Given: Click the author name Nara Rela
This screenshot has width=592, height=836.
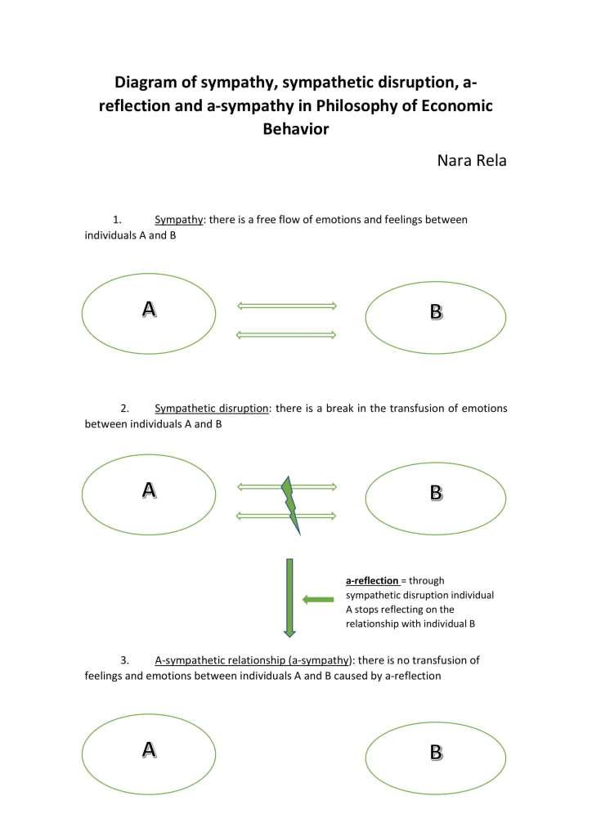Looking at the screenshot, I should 473,160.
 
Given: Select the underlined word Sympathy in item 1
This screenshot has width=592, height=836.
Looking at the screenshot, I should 178,220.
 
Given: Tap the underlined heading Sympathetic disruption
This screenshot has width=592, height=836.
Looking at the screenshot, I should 212,408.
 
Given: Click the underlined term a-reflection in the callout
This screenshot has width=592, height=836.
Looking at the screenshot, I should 372,580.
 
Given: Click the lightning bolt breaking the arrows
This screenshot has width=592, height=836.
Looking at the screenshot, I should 290,503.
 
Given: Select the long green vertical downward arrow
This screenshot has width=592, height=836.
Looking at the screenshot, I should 289,597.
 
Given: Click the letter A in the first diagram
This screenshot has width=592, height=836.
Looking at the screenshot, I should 149,309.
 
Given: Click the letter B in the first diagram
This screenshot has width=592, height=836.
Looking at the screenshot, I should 436,311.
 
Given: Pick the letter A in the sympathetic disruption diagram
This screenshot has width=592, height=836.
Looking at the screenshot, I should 149,490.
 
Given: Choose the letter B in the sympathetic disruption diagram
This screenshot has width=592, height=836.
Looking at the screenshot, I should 436,493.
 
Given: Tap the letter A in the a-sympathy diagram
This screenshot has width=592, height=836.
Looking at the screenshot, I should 149,749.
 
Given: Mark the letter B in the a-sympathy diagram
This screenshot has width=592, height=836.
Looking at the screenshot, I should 436,753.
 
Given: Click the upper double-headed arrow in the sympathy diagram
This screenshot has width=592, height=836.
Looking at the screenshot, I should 286,306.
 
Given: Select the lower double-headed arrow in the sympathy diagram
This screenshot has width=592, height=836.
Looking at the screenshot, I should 286,334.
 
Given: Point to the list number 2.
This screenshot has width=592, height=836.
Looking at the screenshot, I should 125,408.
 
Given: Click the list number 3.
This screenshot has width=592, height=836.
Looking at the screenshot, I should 125,659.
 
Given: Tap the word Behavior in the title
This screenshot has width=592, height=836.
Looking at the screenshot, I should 295,129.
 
